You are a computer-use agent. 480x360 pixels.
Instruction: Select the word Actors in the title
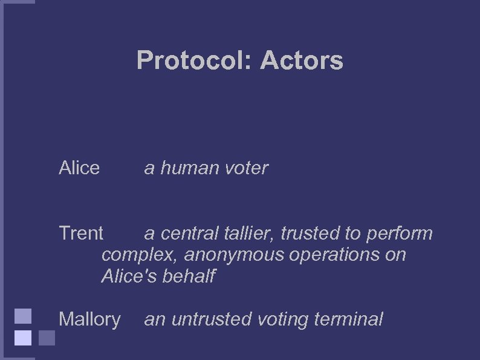[302, 61]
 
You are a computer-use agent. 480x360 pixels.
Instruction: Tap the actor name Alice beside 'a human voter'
[79, 168]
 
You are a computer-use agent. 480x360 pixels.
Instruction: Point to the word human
[190, 168]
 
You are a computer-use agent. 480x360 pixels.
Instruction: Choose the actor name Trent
[81, 233]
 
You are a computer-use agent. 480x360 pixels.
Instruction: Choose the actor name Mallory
[89, 319]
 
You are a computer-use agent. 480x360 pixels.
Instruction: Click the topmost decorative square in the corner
[22, 316]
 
